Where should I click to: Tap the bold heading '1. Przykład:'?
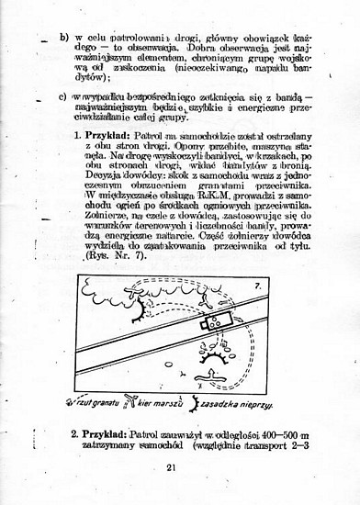pyautogui.click(x=103, y=135)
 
